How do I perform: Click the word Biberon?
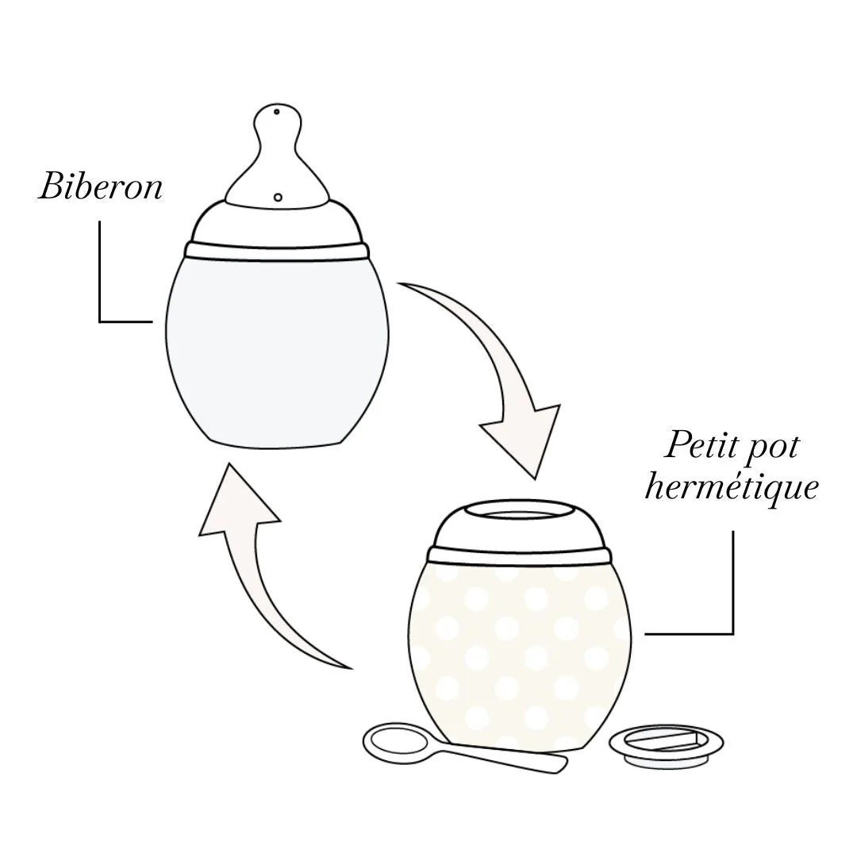click(x=100, y=186)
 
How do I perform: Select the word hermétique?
click(x=731, y=486)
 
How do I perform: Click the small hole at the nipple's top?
click(x=276, y=112)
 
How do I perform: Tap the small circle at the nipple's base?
click(x=278, y=196)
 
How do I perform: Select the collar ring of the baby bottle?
click(x=277, y=251)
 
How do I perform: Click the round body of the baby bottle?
click(x=277, y=349)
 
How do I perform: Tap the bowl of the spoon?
click(x=395, y=741)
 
